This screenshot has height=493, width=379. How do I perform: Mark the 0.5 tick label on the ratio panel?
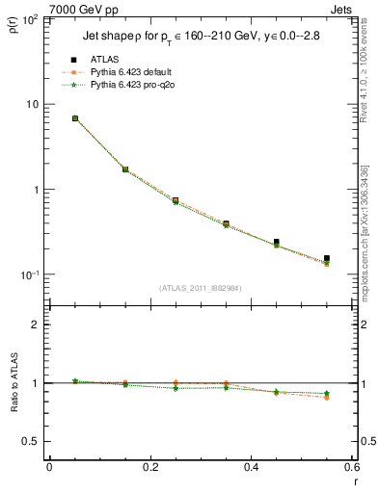point(33,441)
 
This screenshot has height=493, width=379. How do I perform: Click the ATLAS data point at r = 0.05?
point(74,118)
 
